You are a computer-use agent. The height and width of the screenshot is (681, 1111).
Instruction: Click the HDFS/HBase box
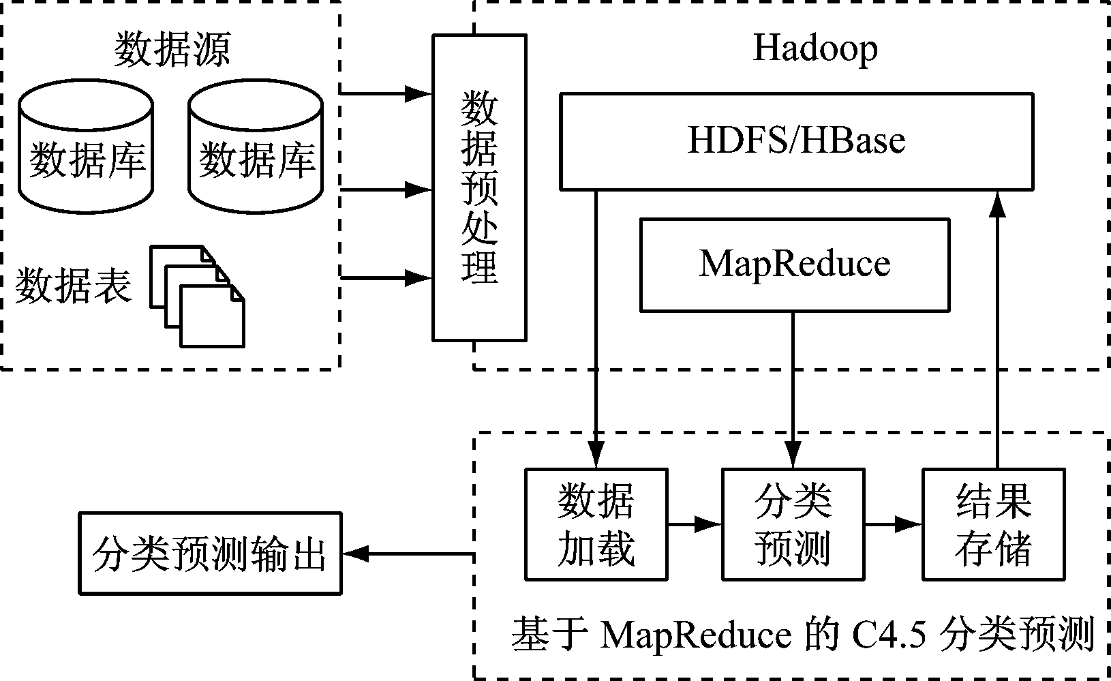pyautogui.click(x=795, y=141)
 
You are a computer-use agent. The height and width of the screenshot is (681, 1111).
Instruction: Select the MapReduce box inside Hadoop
pyautogui.click(x=794, y=264)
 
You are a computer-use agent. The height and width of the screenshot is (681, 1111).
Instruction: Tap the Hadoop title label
pyautogui.click(x=815, y=48)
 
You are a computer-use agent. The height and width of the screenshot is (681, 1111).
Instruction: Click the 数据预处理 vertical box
pyautogui.click(x=479, y=187)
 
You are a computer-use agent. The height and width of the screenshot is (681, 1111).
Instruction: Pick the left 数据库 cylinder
pyautogui.click(x=86, y=150)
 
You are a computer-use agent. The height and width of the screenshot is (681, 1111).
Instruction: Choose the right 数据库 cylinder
pyautogui.click(x=256, y=150)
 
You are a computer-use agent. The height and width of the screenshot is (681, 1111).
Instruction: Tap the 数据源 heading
pyautogui.click(x=172, y=49)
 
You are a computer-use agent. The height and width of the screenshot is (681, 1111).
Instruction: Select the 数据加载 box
pyautogui.click(x=596, y=524)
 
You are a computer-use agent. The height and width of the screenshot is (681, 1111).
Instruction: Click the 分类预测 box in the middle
pyautogui.click(x=793, y=524)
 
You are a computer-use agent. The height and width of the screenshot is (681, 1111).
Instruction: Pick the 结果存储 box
pyautogui.click(x=993, y=524)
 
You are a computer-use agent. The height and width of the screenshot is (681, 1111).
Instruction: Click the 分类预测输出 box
pyautogui.click(x=209, y=554)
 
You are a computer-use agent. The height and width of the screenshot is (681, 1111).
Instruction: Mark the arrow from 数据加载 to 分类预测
pyautogui.click(x=695, y=524)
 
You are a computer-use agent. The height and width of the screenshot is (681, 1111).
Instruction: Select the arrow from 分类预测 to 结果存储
pyautogui.click(x=893, y=524)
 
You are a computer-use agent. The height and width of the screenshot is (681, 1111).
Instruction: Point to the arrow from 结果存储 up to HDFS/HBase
pyautogui.click(x=997, y=327)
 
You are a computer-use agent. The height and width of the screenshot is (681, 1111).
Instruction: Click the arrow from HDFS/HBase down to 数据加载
pyautogui.click(x=596, y=327)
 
